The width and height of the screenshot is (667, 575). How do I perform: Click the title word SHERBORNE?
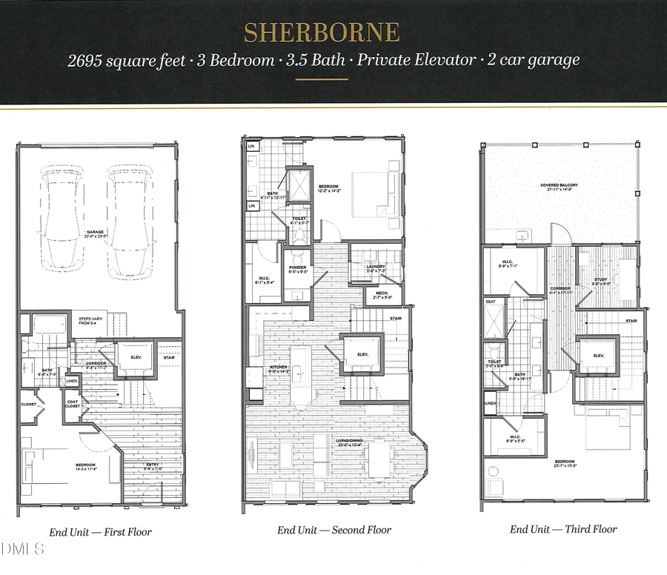pos(322,33)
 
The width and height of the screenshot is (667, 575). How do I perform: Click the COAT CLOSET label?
pos(73,405)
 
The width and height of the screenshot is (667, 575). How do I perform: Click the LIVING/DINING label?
pos(353,442)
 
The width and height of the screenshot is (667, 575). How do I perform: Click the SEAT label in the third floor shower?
pos(490,302)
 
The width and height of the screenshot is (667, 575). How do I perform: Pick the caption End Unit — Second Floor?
pos(334,530)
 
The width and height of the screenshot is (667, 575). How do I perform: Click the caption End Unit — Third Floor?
pos(563,529)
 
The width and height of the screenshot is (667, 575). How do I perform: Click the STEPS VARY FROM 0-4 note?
pos(94,321)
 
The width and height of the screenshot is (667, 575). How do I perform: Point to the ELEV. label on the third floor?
pos(597,355)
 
